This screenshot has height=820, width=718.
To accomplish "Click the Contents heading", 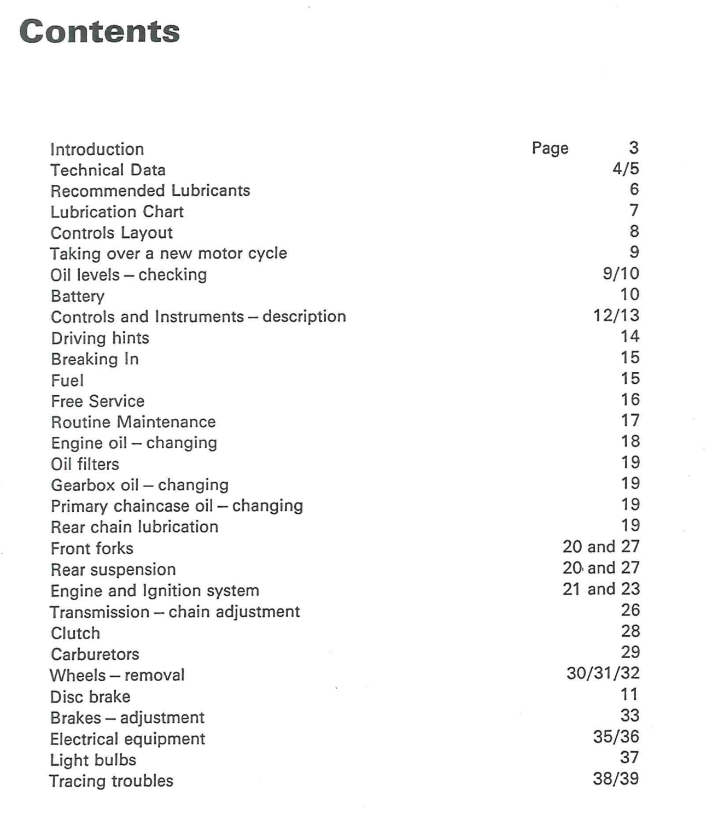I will click(100, 31).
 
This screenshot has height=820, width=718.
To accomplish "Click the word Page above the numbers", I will click(550, 148).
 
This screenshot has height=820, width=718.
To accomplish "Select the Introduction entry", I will click(97, 149).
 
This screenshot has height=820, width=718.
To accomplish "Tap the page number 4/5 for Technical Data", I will click(626, 168).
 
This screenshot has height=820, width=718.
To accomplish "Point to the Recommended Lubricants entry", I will click(150, 191).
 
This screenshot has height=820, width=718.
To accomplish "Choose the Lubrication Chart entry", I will click(117, 212).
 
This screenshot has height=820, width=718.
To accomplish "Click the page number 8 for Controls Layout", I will click(634, 231).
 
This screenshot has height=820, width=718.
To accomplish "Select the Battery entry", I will click(78, 296).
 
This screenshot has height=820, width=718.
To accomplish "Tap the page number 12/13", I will click(616, 315).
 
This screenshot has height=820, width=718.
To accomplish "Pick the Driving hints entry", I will click(100, 338).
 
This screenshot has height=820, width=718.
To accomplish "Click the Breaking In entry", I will click(95, 359).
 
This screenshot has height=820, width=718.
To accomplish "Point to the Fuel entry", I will click(67, 380).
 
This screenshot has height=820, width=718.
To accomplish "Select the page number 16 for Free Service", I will click(630, 400).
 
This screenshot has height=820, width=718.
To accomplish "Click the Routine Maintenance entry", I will click(133, 422).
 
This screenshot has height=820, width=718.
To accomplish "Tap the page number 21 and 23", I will click(601, 589).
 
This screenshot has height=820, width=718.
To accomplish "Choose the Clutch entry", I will click(75, 633).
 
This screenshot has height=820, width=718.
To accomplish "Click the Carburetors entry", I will click(95, 654).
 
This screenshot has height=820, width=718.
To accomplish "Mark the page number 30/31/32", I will click(603, 673).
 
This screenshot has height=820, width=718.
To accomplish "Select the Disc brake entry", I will click(90, 696).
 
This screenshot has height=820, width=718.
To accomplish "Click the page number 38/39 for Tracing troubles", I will click(616, 778).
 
